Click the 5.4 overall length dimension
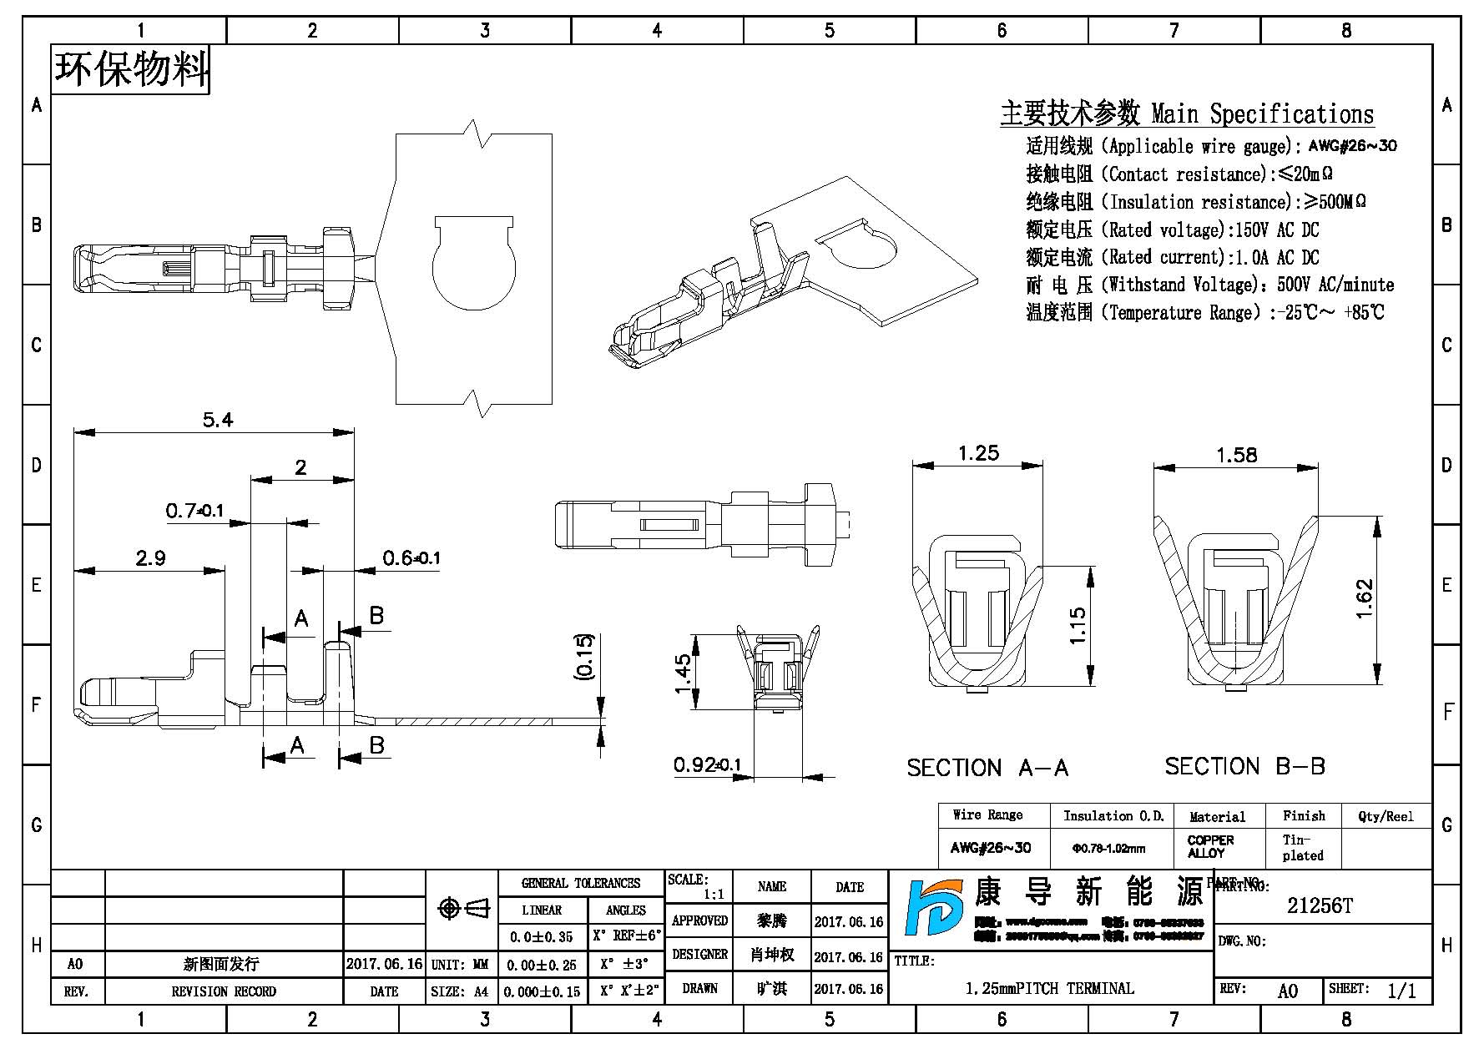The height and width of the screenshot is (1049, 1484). tap(218, 420)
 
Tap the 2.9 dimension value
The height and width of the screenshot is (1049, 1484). tap(150, 557)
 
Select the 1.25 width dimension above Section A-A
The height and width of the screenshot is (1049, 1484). tap(978, 453)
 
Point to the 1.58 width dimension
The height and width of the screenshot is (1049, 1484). tap(1236, 455)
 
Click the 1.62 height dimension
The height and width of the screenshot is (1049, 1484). tap(1364, 598)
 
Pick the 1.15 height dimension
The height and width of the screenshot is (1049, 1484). tap(1077, 625)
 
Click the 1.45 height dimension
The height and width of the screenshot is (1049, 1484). tap(682, 673)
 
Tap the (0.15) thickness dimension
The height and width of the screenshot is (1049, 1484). tap(585, 656)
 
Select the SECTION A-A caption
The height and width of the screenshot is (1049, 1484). tap(987, 768)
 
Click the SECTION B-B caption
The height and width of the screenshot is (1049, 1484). tap(1244, 766)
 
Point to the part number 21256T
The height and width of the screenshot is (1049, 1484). tap(1320, 906)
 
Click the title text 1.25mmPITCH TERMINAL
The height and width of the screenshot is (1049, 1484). tap(1049, 989)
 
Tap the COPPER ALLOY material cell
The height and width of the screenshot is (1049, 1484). tap(1210, 846)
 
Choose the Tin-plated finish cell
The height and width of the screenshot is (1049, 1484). tap(1303, 847)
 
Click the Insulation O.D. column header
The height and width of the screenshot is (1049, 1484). tap(1113, 816)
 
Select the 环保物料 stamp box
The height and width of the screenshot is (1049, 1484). tap(131, 69)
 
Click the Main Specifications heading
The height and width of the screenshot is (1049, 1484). tap(1186, 113)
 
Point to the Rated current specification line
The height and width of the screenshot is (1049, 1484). tap(1173, 257)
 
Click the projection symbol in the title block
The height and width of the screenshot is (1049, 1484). tap(463, 908)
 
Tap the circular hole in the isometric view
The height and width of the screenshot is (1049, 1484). tap(866, 248)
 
